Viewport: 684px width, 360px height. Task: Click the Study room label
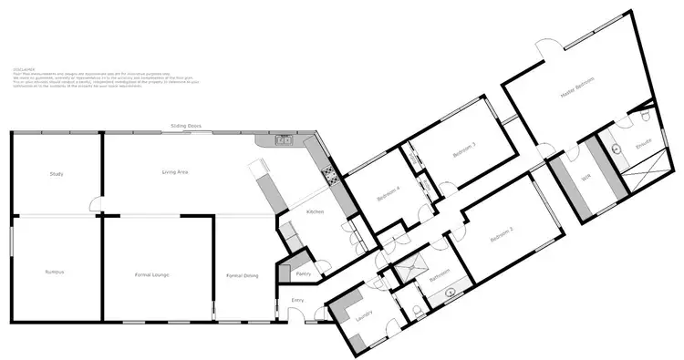point(57,173)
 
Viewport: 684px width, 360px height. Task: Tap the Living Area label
point(175,171)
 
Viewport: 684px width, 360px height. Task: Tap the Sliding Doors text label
point(185,127)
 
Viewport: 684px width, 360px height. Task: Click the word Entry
point(297,300)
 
